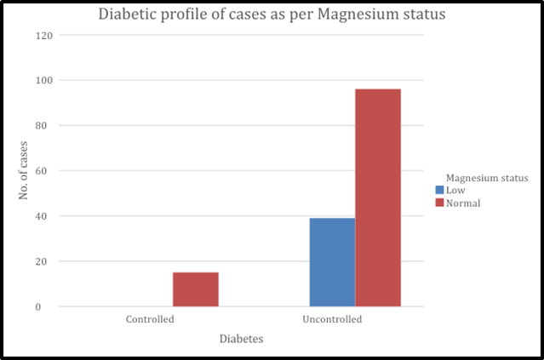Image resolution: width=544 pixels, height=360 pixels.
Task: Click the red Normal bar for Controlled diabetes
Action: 196,289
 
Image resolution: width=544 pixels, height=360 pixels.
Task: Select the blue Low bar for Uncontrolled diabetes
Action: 332,262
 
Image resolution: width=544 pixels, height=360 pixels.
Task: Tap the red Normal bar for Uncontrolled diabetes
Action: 378,197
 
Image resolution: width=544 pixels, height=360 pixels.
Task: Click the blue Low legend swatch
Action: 439,190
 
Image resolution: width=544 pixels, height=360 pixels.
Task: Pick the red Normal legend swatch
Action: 439,203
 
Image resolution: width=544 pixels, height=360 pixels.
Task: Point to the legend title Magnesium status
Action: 487,178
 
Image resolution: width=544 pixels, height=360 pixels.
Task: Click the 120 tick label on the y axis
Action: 44,36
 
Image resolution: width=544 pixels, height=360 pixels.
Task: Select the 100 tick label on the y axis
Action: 44,81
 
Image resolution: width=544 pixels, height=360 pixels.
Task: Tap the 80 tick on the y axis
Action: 41,126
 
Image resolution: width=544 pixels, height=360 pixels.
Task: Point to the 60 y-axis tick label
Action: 41,171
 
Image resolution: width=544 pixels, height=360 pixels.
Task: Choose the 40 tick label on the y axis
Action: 41,216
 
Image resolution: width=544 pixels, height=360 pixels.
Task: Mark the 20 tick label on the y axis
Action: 41,261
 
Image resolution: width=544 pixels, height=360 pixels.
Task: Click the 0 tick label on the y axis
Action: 38,307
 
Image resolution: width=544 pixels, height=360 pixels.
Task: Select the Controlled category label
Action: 150,319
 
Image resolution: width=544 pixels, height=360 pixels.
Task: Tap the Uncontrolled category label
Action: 332,319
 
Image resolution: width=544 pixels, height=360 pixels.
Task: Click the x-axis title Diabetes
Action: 242,339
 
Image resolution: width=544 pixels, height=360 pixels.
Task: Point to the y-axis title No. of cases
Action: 23,170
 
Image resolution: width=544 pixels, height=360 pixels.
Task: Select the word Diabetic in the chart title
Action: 128,14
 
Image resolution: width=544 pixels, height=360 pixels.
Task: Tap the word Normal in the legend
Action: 463,203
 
